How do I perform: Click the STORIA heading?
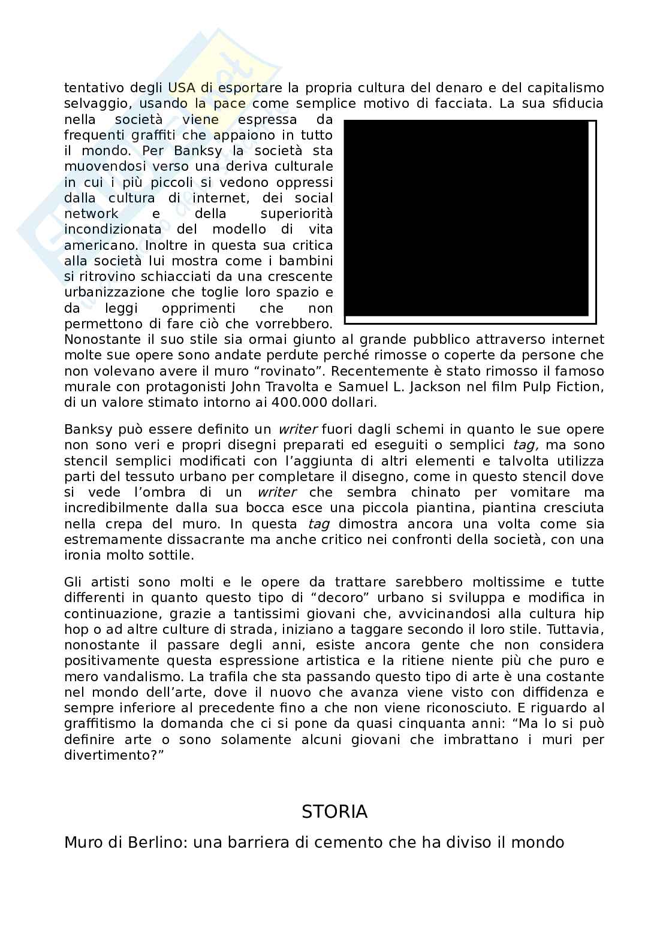coord(334,812)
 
